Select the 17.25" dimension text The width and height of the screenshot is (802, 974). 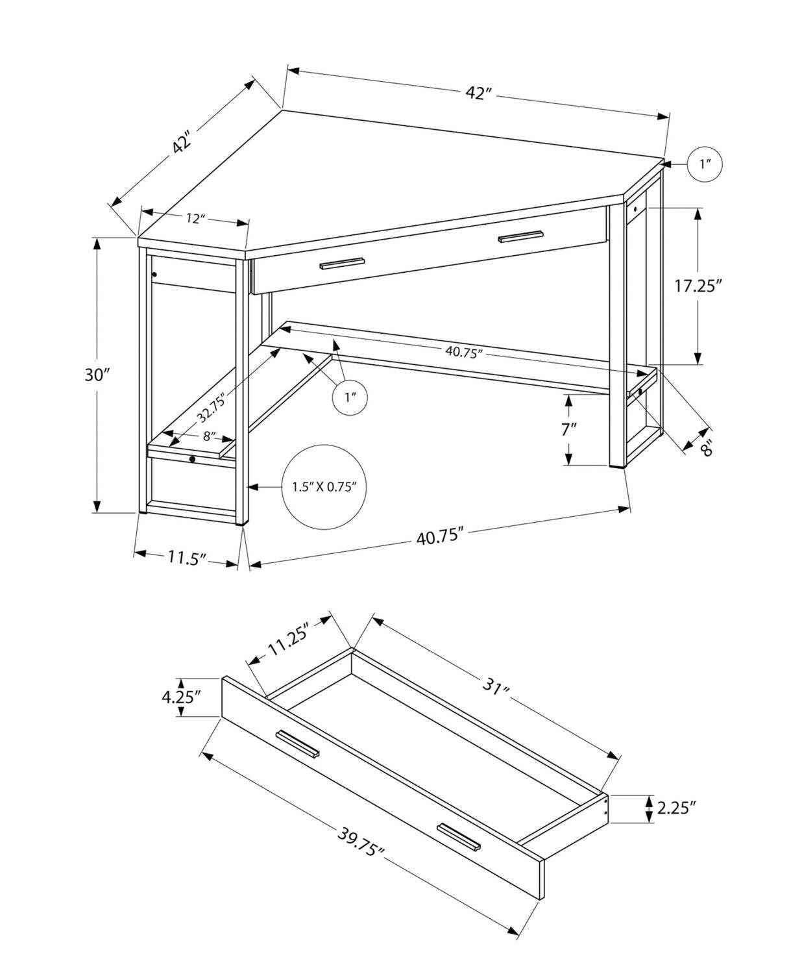tap(698, 286)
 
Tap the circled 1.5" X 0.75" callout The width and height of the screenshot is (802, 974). tap(324, 486)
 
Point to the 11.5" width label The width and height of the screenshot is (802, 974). tap(187, 557)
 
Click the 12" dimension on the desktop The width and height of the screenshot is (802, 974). tap(195, 218)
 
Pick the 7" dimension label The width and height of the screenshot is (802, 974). tap(568, 429)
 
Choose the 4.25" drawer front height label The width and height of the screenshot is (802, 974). tap(181, 697)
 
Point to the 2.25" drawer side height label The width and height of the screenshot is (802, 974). tap(676, 808)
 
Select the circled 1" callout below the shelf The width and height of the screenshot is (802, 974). tap(350, 396)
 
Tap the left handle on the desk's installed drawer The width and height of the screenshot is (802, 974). tap(342, 263)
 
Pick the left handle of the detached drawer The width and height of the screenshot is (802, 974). tap(297, 743)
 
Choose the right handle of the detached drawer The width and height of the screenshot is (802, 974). tap(458, 836)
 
